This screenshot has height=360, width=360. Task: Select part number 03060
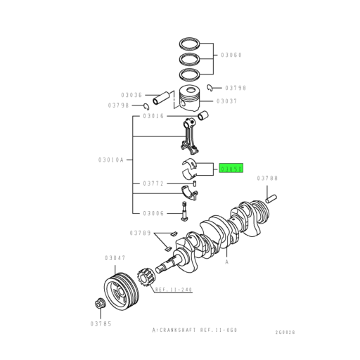coord(231,54)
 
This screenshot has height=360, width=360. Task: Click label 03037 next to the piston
coord(226,101)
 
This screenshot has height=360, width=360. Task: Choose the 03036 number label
coord(131,95)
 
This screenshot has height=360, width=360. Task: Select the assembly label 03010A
coord(111,160)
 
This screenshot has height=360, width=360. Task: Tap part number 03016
coord(153,116)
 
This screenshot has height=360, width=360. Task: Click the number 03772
coord(153,183)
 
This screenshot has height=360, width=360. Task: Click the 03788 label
coord(268,179)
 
